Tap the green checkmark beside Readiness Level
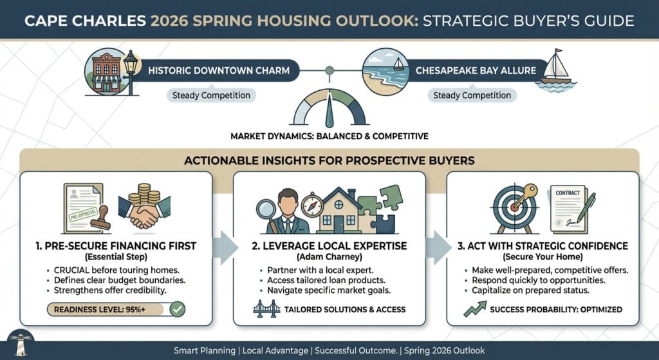178,310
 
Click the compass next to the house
312,205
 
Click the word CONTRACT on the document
568,193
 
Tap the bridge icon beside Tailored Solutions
266,309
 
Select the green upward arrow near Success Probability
475,308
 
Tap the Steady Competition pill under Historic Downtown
211,95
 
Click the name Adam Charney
329,256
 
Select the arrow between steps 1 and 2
225,248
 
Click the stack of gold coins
144,194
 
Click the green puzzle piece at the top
391,197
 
